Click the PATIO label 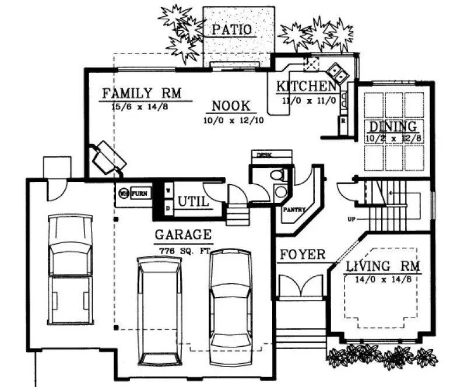231,29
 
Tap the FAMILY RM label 142,93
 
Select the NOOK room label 231,106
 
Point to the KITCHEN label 306,87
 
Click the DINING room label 392,126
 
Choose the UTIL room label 193,202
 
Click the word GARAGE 182,235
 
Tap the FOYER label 302,255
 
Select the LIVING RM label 383,267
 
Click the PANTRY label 293,209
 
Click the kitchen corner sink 337,73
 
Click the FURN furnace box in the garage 139,192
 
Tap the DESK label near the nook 265,154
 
